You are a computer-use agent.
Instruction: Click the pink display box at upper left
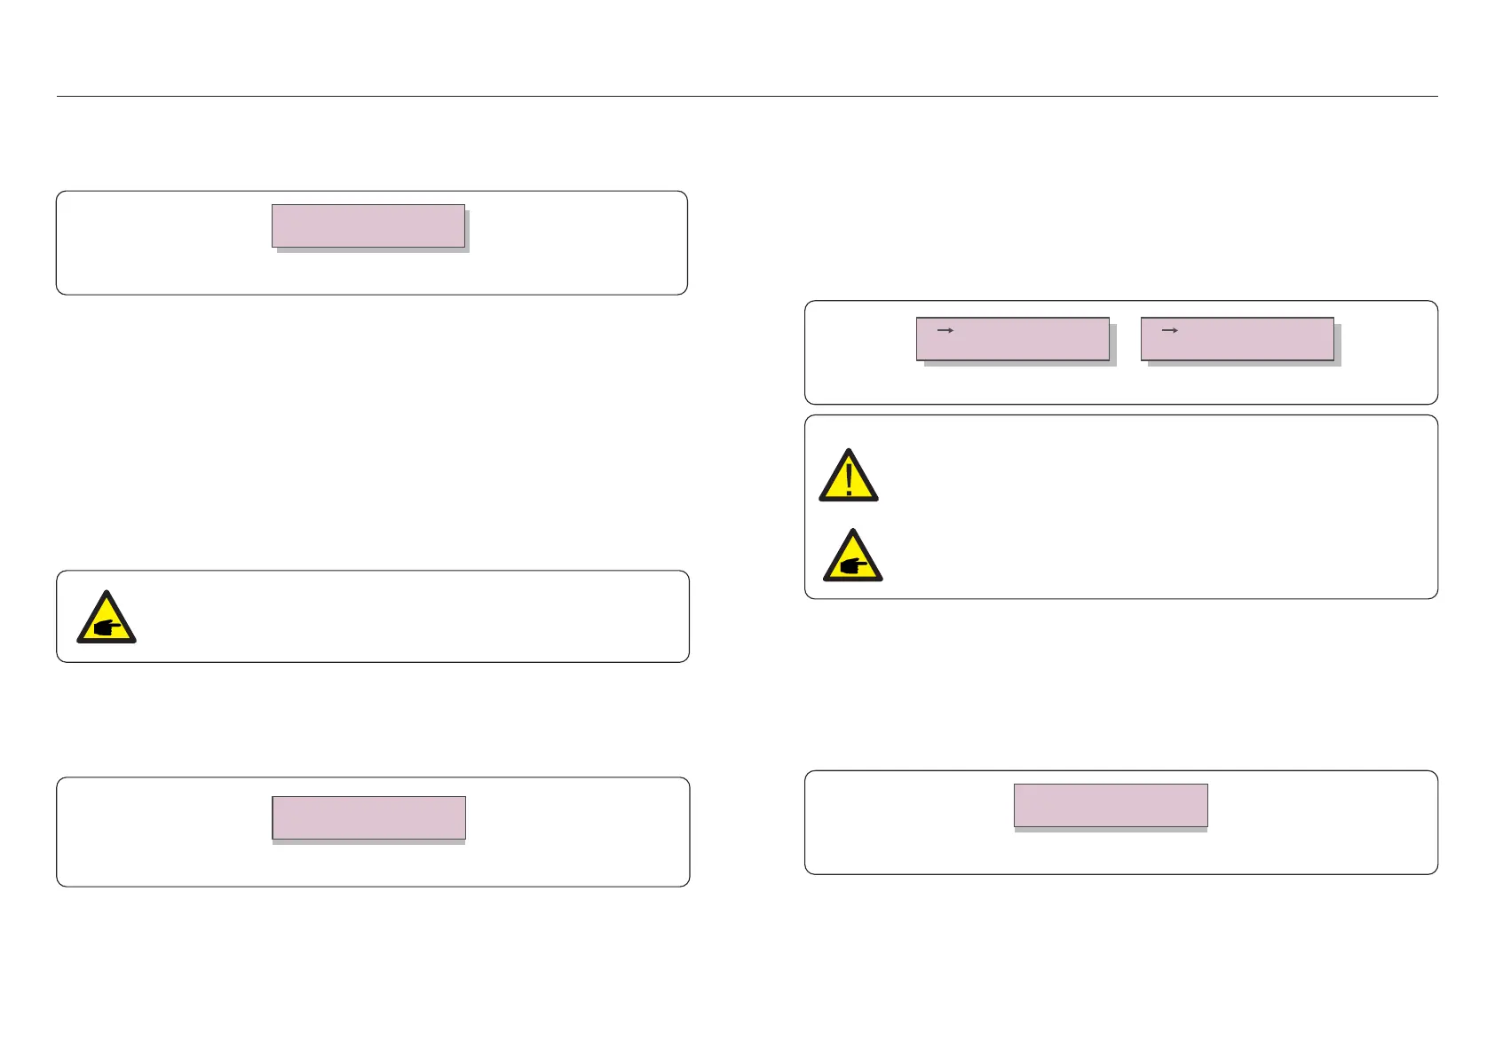click(x=368, y=225)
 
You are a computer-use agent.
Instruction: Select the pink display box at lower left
click(x=368, y=816)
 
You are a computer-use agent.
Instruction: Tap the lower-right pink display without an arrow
click(x=1111, y=805)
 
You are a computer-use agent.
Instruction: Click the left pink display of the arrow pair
click(x=1012, y=339)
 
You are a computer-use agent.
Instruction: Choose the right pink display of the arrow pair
click(x=1237, y=339)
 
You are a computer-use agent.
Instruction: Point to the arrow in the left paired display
click(x=945, y=330)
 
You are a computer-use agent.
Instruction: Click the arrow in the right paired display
click(x=1170, y=330)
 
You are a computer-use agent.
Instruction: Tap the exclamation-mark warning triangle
click(x=849, y=477)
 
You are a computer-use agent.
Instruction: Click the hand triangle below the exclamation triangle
click(x=852, y=557)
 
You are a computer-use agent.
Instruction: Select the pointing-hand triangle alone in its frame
click(x=107, y=619)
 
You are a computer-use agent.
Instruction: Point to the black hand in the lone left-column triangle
click(x=107, y=627)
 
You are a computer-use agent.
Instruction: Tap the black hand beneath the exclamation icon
click(x=853, y=564)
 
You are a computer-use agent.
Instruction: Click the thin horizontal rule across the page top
click(x=747, y=96)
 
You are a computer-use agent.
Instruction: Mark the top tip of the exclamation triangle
click(x=849, y=450)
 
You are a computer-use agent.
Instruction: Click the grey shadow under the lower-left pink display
click(x=368, y=842)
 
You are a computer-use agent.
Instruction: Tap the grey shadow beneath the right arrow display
click(x=1243, y=364)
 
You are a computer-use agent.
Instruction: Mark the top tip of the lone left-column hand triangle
click(x=107, y=591)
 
